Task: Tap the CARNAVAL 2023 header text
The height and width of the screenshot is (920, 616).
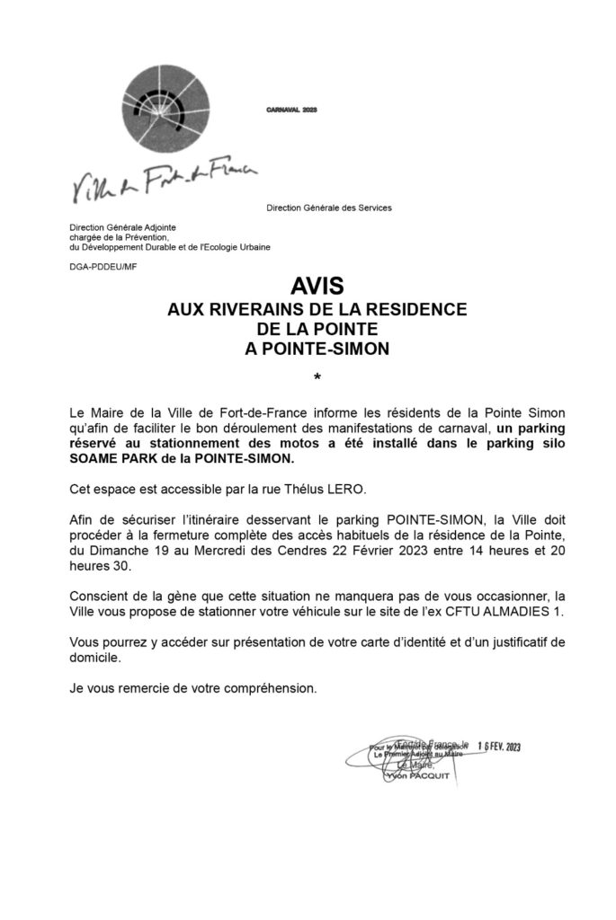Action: coord(292,109)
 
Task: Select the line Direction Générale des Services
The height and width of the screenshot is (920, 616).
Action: coord(329,208)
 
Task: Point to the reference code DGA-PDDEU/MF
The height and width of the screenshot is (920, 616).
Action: coord(103,266)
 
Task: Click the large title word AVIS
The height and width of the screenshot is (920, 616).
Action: coord(317,287)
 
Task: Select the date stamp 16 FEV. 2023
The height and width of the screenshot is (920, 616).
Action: coord(499,747)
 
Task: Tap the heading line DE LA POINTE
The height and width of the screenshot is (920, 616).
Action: coord(317,329)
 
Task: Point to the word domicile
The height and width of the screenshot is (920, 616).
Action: coord(95,659)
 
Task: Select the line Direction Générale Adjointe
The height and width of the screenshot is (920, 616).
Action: coord(124,228)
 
